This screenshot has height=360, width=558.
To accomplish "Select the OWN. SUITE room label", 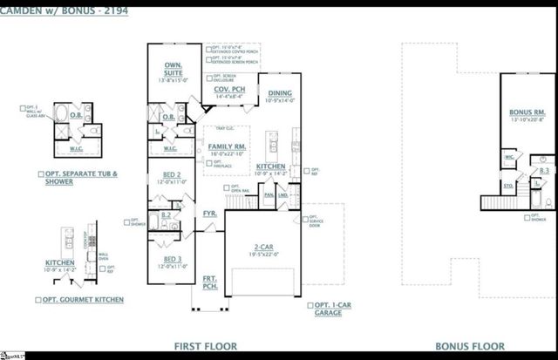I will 173,66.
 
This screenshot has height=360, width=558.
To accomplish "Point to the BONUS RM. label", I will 527,113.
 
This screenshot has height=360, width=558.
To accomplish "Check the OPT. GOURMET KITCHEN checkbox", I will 38,300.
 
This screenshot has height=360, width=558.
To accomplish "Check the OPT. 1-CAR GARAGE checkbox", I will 308,305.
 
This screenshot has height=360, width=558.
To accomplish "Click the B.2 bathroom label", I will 166,214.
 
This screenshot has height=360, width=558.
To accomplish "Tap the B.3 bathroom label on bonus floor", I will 543,172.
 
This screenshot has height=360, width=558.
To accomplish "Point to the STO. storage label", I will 507,186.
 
